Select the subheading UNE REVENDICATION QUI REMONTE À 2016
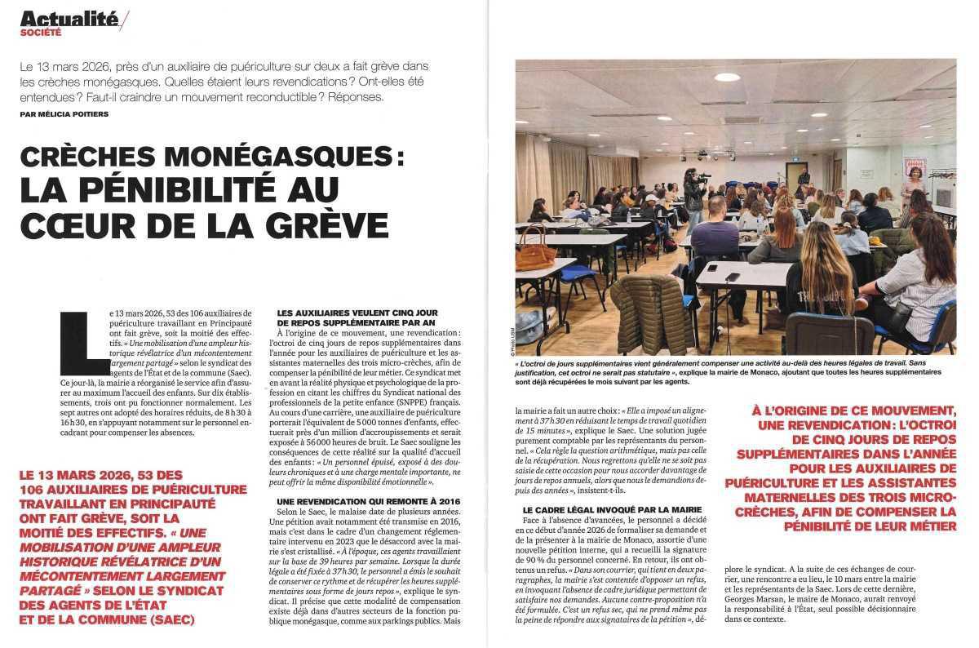[x=357, y=499]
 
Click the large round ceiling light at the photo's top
[x=725, y=78]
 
